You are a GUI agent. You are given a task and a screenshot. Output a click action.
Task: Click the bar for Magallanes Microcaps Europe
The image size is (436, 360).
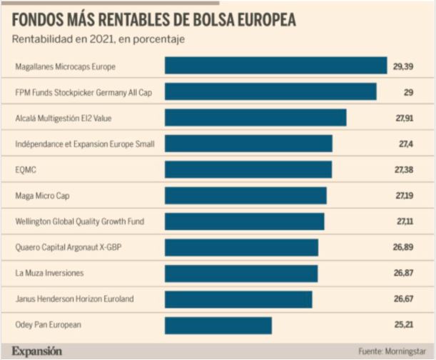(x=275, y=66)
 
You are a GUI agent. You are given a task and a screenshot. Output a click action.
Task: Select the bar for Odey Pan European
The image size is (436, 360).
(x=218, y=325)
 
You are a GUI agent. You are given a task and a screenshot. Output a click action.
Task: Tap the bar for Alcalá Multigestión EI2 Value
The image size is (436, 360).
(x=255, y=118)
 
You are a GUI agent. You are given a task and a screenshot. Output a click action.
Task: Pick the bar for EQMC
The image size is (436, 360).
(x=248, y=169)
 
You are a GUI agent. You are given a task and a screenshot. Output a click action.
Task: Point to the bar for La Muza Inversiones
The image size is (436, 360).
(x=240, y=273)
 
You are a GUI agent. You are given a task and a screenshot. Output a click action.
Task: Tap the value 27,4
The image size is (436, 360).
(x=405, y=144)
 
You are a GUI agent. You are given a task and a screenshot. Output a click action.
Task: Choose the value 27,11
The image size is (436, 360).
(x=403, y=222)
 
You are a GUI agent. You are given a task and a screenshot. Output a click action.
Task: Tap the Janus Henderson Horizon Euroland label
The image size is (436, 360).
(x=73, y=299)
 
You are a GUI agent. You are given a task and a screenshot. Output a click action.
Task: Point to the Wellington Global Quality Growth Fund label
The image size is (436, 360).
(x=79, y=222)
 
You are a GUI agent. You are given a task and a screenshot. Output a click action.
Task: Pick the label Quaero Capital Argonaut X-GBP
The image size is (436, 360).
(x=69, y=248)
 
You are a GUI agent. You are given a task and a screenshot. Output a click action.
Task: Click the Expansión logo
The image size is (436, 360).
(x=36, y=351)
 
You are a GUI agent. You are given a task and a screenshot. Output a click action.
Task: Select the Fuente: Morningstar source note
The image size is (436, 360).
(x=391, y=351)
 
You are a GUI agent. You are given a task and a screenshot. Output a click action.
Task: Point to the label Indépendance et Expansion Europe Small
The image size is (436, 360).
(x=84, y=144)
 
